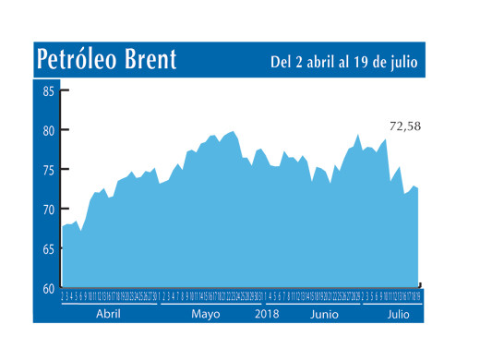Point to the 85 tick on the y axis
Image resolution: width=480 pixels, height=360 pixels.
tap(48, 90)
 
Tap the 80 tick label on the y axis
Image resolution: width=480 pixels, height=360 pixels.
tap(48, 130)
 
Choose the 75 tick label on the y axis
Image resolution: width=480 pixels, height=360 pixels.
tap(48, 170)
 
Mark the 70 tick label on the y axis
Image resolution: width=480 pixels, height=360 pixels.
tap(48, 210)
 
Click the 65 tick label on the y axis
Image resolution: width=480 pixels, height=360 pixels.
tap(48, 249)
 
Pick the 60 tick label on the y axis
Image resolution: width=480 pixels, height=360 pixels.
tap(48, 289)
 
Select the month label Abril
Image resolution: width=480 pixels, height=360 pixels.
tap(108, 314)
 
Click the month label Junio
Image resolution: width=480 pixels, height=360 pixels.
tap(323, 314)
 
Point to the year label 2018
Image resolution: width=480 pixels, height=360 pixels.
tap(266, 314)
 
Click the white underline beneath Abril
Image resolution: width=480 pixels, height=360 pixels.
tap(108, 304)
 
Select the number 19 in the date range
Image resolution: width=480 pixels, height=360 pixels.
tap(365, 63)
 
